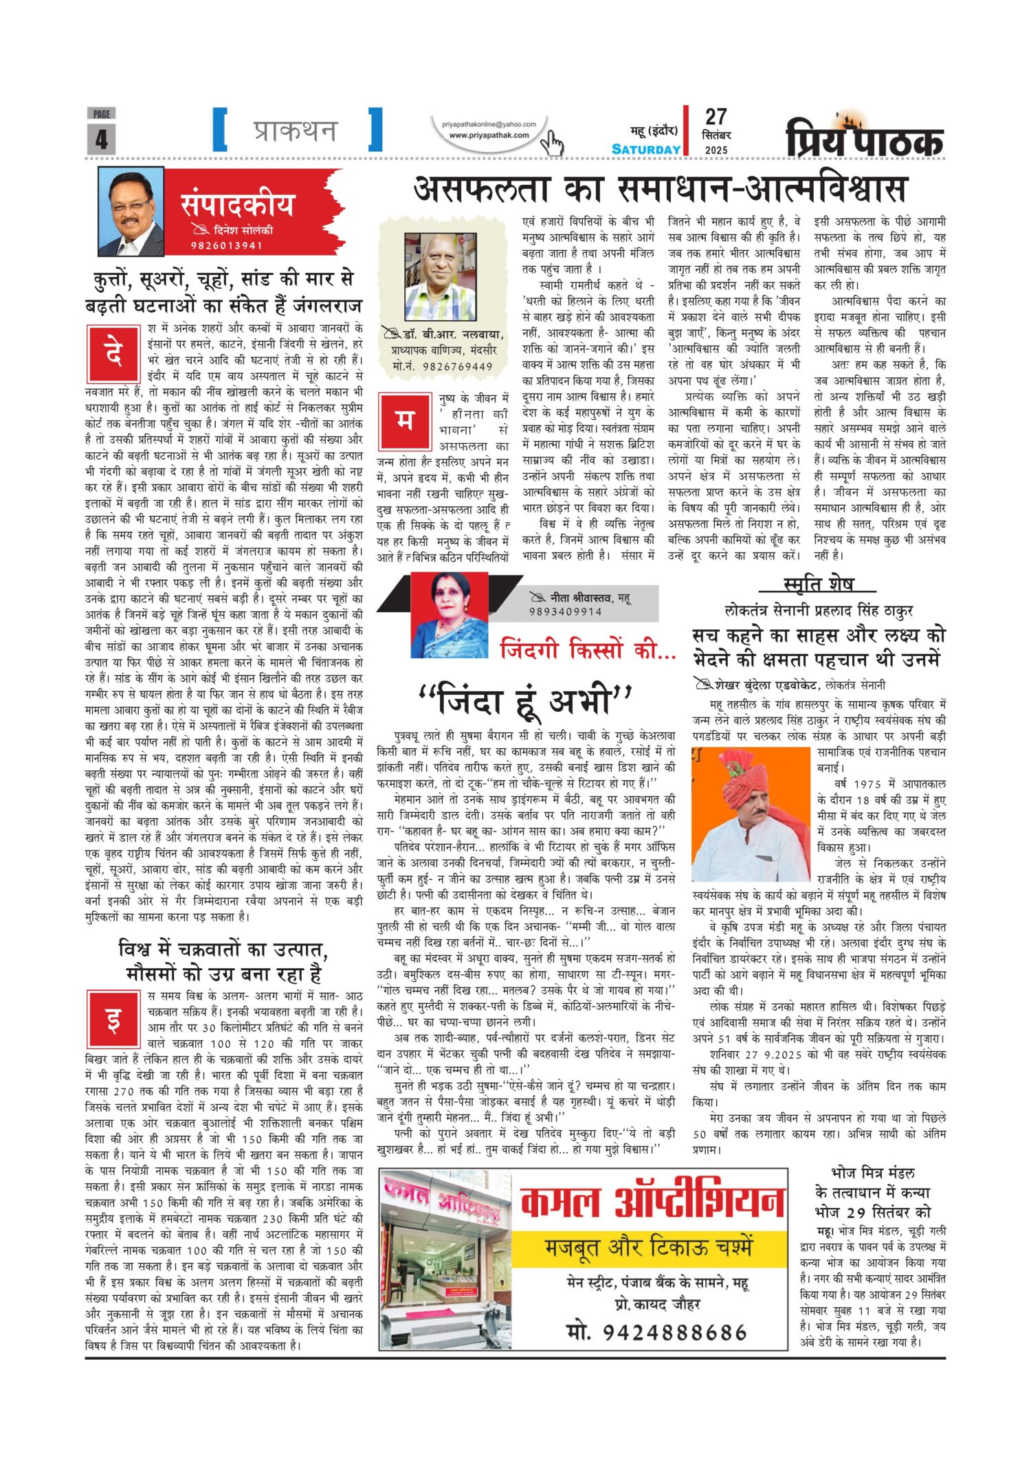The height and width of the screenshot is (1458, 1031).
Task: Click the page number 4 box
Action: point(101,138)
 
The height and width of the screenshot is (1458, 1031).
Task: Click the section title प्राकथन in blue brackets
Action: point(296,130)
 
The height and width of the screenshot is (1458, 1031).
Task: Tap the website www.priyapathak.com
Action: point(489,135)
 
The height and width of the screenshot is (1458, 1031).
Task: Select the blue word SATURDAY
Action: point(646,149)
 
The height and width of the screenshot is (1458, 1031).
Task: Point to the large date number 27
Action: point(716,117)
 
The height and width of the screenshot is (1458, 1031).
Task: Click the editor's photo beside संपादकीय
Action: point(131,211)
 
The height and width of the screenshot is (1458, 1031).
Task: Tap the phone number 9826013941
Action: point(226,245)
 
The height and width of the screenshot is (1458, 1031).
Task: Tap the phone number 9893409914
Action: point(565,612)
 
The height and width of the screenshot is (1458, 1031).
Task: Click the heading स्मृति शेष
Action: point(818,585)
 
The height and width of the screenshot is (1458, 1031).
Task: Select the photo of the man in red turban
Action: point(751,815)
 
